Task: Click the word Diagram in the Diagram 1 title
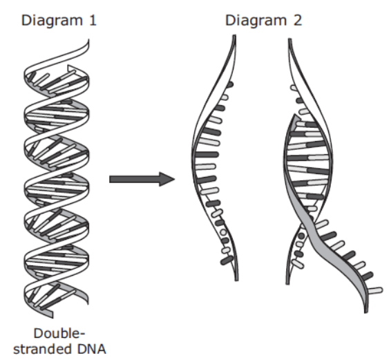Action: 52,21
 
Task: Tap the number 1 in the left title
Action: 93,20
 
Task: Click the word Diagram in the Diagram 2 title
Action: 256,21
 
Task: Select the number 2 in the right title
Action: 298,20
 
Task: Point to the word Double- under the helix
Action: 59,333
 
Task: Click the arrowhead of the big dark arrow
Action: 167,179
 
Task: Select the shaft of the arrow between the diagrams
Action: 135,179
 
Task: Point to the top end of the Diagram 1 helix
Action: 88,39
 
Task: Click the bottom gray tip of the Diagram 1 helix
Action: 52,315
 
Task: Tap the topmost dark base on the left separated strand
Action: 229,85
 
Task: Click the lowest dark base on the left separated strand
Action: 227,260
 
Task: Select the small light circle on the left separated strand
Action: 223,232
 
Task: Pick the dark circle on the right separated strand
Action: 301,236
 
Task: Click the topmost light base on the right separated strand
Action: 294,88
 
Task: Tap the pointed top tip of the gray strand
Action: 294,115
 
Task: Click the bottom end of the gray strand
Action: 366,312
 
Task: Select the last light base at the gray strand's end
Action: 375,290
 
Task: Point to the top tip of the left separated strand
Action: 234,36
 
